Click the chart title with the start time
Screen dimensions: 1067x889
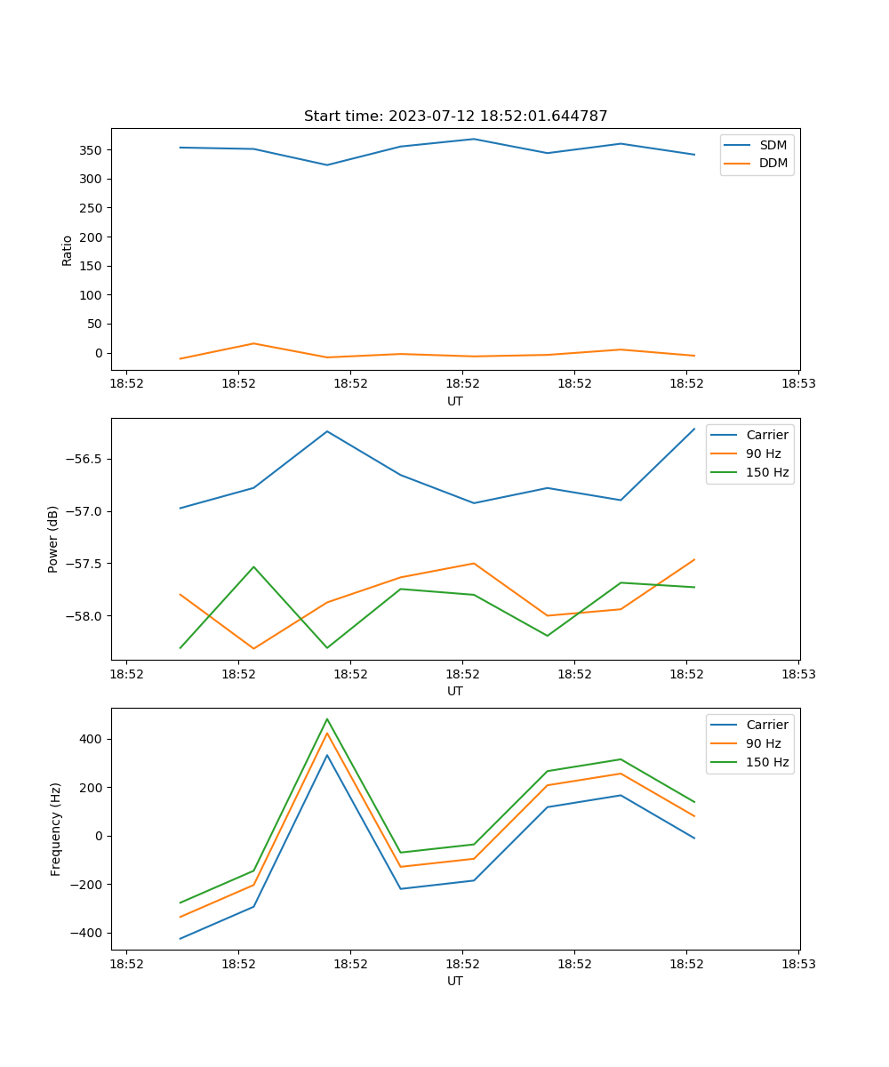455,116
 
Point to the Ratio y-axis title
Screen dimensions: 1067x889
68,250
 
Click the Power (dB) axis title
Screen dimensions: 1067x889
53,539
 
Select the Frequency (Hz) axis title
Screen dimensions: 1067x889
55,829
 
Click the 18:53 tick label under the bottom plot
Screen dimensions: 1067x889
797,963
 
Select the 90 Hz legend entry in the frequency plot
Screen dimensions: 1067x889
764,743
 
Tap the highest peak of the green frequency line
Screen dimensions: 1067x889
327,719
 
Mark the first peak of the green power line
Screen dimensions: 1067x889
253,566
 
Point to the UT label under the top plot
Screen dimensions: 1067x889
455,401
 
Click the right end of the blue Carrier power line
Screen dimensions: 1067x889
694,429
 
